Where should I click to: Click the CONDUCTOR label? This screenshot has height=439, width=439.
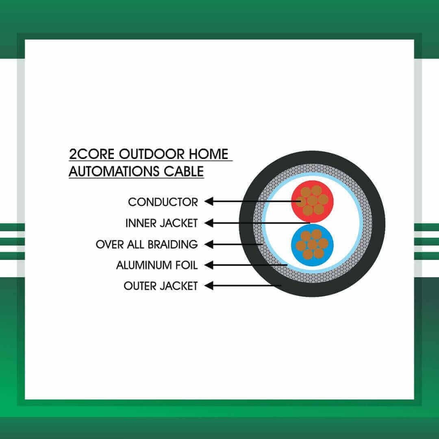tap(163, 202)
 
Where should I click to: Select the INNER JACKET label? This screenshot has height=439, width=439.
tap(161, 223)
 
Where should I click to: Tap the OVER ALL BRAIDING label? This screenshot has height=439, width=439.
tap(147, 244)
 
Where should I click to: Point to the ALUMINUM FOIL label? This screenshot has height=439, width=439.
tap(157, 265)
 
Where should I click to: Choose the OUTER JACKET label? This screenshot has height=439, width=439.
tap(161, 286)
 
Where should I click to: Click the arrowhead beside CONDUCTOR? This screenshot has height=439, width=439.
tap(209, 201)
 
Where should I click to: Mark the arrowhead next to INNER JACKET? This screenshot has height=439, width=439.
tap(209, 223)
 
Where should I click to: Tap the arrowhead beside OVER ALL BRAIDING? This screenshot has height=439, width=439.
tap(209, 244)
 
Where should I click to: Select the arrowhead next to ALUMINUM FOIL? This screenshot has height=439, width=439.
tap(209, 265)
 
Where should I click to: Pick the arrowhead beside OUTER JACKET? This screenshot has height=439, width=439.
tap(209, 286)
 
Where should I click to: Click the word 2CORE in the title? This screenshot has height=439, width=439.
tap(91, 154)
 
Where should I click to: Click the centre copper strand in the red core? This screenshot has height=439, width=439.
tap(312, 201)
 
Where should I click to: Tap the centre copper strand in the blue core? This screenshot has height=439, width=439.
tap(312, 245)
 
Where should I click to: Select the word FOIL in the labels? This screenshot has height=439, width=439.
tap(187, 265)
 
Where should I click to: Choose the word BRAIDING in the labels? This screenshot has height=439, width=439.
tap(173, 244)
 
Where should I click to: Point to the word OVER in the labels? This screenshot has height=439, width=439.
tap(110, 244)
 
